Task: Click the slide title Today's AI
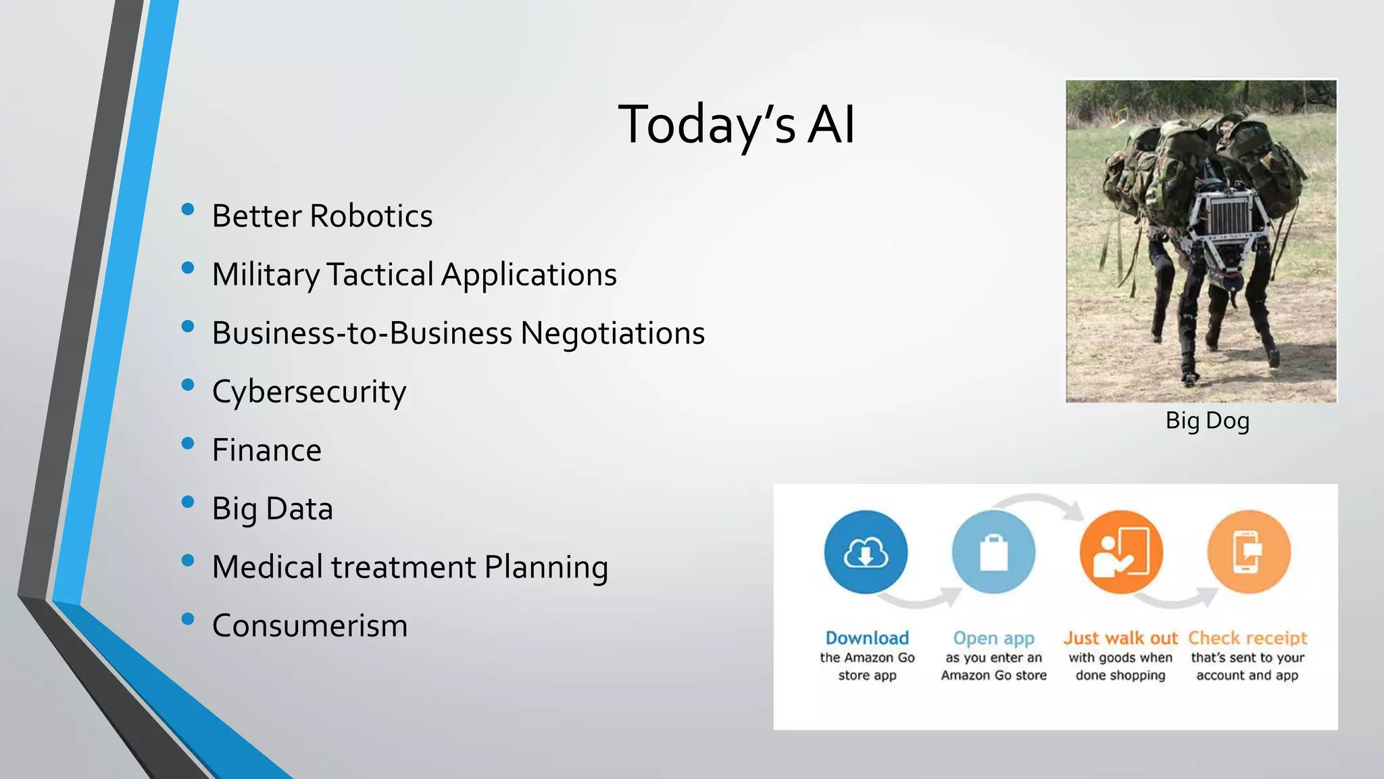point(737,124)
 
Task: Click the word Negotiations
point(612,333)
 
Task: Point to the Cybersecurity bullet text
point(309,392)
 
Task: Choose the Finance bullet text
point(266,450)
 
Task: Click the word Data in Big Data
point(299,509)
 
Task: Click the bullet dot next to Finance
point(188,444)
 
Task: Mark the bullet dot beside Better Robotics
point(188,210)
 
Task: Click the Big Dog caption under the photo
point(1207,421)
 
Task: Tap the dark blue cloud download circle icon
point(866,552)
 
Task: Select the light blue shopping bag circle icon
point(993,552)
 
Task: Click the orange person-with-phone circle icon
point(1121,552)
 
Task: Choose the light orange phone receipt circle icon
point(1249,552)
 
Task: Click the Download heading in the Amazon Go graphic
point(867,638)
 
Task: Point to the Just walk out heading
point(1120,638)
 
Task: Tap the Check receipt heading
point(1247,638)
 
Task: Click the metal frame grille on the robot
point(1229,214)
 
